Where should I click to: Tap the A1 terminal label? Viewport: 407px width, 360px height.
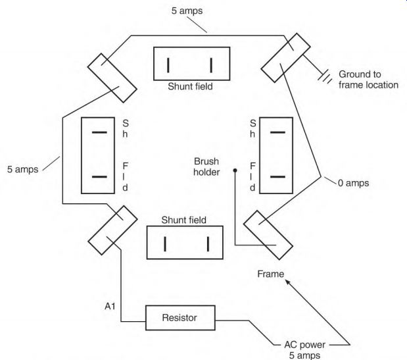click(110, 306)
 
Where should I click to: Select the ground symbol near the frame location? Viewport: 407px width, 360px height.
click(323, 76)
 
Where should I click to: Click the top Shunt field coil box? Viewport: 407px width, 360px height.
click(190, 64)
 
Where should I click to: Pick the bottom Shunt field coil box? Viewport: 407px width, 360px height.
click(187, 244)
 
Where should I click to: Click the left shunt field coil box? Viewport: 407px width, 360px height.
click(99, 155)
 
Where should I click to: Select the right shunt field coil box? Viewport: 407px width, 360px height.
click(279, 155)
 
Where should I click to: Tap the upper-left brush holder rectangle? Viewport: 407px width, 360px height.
click(111, 73)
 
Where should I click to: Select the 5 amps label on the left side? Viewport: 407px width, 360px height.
click(20, 169)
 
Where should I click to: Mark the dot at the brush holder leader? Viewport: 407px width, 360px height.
click(235, 170)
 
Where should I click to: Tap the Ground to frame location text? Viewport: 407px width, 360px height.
click(368, 79)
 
